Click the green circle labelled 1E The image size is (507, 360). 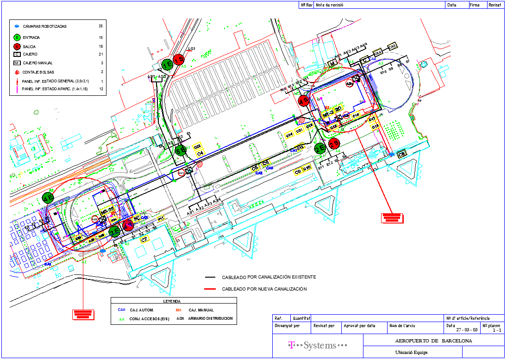click(x=167, y=64)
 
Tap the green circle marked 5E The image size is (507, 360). click(x=181, y=150)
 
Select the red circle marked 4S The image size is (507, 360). click(x=304, y=101)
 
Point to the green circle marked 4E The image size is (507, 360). click(x=48, y=198)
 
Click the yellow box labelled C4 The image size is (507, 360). click(x=200, y=153)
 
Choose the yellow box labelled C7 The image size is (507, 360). click(x=144, y=239)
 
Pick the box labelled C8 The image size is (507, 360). click(x=402, y=154)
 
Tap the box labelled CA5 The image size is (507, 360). click(x=392, y=47)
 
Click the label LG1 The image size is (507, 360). click(x=192, y=49)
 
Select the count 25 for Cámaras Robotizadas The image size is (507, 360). click(x=100, y=26)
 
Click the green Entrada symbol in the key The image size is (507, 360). click(x=17, y=37)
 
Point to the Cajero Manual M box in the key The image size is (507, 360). click(x=17, y=63)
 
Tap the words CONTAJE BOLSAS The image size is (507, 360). click(x=38, y=72)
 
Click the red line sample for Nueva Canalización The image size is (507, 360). click(x=211, y=289)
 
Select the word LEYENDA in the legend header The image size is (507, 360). click(x=172, y=301)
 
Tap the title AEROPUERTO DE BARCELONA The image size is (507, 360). click(x=433, y=341)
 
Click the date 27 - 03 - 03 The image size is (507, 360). click(x=467, y=330)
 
